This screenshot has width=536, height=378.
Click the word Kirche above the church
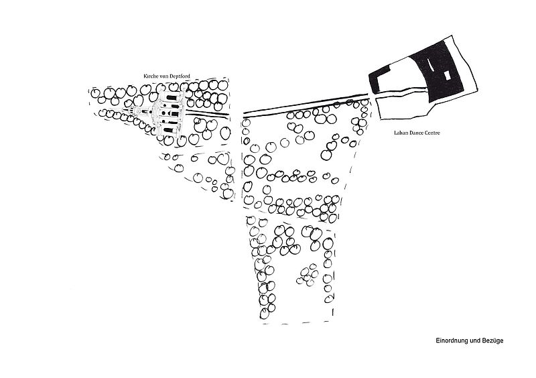pyautogui.click(x=151, y=76)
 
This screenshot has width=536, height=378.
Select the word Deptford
pyautogui.click(x=180, y=76)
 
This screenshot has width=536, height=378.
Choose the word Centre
pyautogui.click(x=432, y=133)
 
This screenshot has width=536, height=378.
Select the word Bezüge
pyautogui.click(x=493, y=340)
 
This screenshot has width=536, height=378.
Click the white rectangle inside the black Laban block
pyautogui.click(x=447, y=76)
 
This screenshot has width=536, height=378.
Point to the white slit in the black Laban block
pyautogui.click(x=429, y=65)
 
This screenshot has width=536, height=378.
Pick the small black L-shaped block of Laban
pyautogui.click(x=379, y=80)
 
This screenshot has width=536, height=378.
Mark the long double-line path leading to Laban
pyautogui.click(x=306, y=107)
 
